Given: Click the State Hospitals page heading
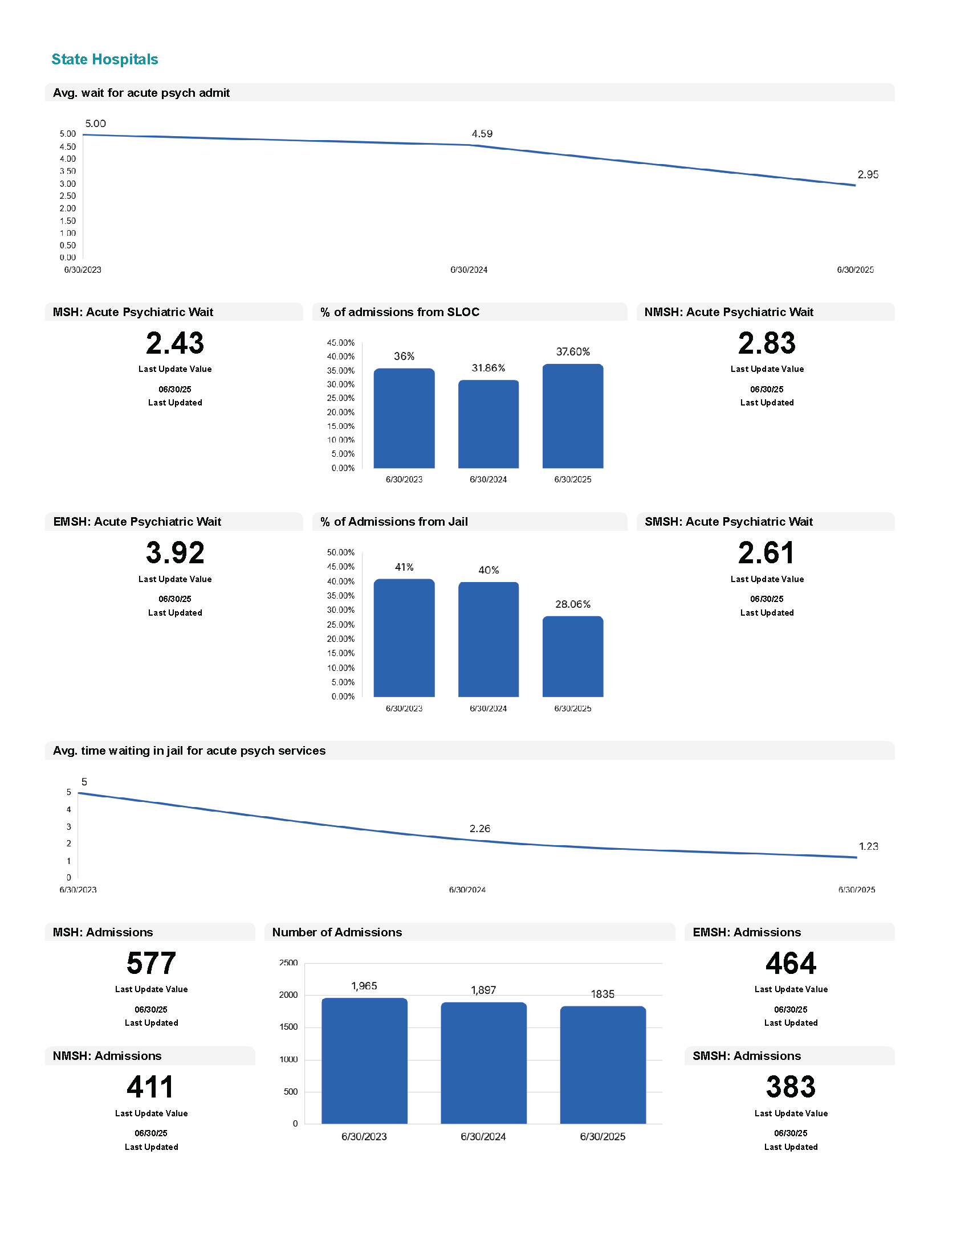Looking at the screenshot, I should [104, 59].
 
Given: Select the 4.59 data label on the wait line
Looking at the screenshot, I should [482, 134].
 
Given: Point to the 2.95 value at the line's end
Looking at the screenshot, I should [868, 174].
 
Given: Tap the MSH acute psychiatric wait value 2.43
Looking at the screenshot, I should [174, 343].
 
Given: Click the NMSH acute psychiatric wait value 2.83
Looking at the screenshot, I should [766, 343].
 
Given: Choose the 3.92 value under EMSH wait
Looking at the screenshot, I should [174, 552].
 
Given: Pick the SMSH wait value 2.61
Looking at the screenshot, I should [766, 552].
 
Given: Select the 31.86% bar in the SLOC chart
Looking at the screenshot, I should [488, 424].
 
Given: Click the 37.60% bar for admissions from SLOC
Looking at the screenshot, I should [572, 416].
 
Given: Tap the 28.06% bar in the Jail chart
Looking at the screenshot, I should [572, 656].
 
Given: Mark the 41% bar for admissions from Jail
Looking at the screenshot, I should [404, 637].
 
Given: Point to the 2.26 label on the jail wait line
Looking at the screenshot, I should [479, 829].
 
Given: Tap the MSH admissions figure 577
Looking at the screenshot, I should [151, 963].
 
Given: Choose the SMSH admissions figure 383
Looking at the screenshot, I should [791, 1087].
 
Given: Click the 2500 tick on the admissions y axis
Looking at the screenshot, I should [288, 963].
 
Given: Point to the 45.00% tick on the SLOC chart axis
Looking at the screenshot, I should [340, 342].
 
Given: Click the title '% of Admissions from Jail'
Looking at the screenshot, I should [394, 522].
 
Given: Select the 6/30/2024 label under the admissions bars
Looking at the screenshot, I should [483, 1137].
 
